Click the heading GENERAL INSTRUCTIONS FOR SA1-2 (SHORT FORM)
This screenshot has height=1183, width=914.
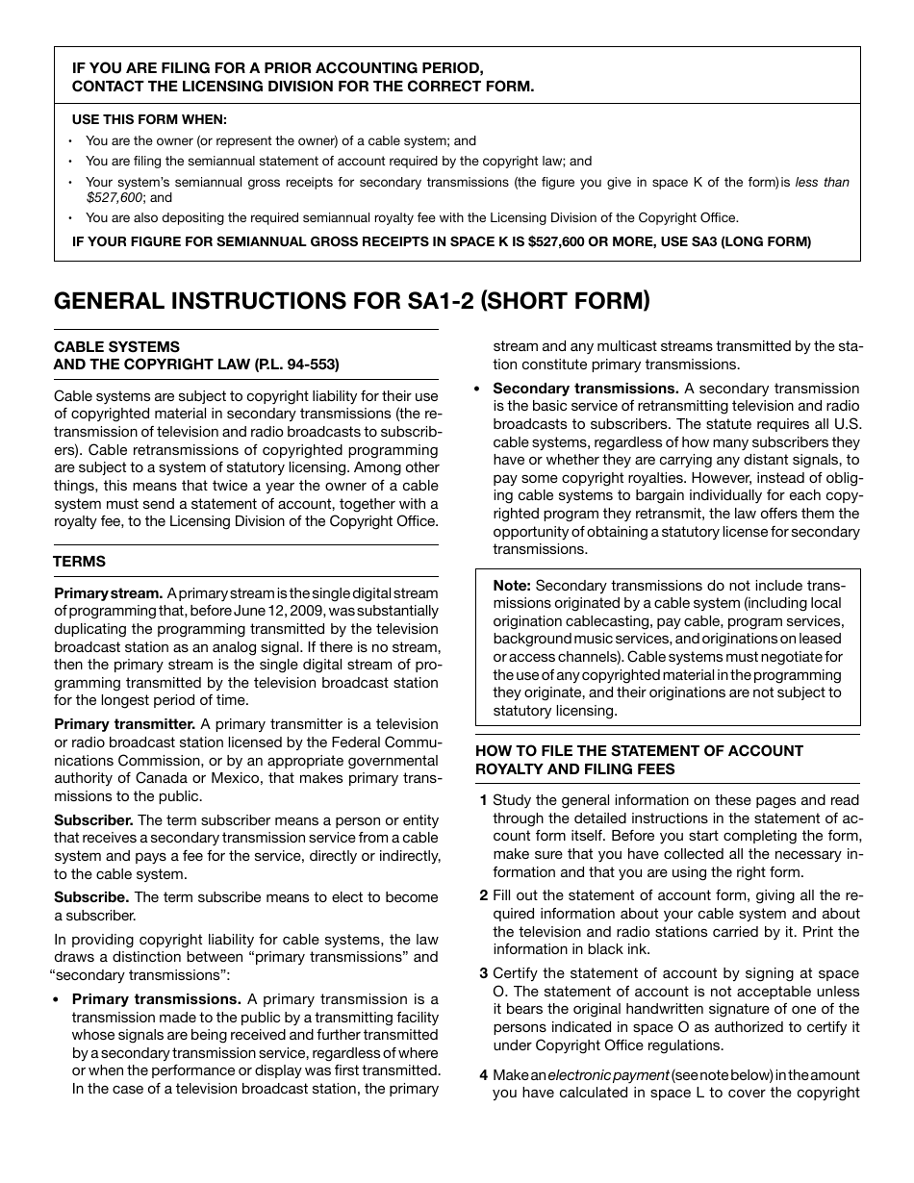click(351, 301)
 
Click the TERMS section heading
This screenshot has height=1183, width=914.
click(80, 562)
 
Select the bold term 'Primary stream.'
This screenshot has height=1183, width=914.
click(108, 593)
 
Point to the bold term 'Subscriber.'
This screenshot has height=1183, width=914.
click(93, 820)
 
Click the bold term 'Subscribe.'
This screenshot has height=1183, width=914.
click(91, 897)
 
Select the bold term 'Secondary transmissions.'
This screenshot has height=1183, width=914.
click(586, 389)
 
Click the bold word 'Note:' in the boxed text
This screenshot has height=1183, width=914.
click(512, 586)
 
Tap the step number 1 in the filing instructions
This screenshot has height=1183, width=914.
click(483, 800)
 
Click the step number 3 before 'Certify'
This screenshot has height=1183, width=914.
click(483, 973)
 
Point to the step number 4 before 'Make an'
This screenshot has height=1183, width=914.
click(483, 1074)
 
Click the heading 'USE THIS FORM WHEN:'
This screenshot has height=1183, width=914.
click(150, 120)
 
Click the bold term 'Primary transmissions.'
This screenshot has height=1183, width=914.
click(157, 999)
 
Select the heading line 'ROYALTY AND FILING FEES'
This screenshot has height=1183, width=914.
click(574, 768)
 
